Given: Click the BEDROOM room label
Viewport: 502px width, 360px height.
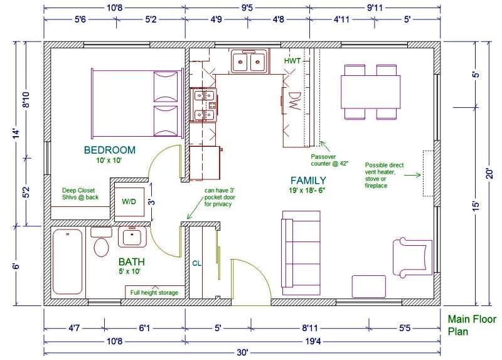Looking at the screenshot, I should pyautogui.click(x=110, y=150).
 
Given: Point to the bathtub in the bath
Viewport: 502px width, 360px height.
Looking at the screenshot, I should pyautogui.click(x=68, y=263).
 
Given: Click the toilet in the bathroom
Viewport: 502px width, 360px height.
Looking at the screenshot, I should pyautogui.click(x=101, y=241).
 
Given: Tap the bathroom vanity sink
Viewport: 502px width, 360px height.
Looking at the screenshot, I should pyautogui.click(x=132, y=237).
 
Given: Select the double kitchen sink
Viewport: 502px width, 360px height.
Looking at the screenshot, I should pyautogui.click(x=249, y=62).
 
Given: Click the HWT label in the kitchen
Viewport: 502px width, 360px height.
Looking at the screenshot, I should pyautogui.click(x=292, y=61).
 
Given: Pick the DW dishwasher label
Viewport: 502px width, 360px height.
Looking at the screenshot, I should pyautogui.click(x=294, y=102).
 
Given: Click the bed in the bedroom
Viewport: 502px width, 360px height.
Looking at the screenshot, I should pyautogui.click(x=138, y=103).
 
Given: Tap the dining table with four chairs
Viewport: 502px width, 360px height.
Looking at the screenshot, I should pyautogui.click(x=371, y=92).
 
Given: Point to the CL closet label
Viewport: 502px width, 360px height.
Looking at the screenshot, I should pyautogui.click(x=196, y=263).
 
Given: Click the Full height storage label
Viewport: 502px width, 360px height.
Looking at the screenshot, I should pyautogui.click(x=154, y=292).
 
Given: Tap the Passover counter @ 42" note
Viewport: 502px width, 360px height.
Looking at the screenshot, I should pyautogui.click(x=329, y=159).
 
